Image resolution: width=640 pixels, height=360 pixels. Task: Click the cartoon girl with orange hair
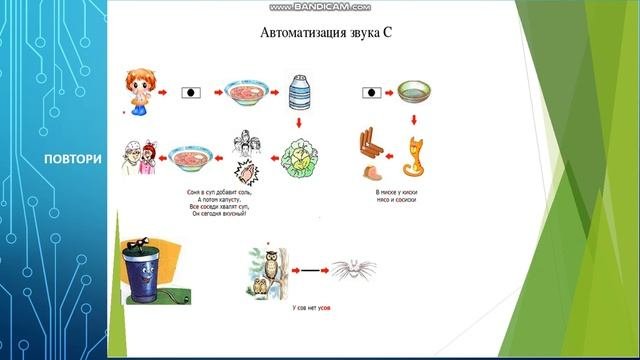coord(137,91)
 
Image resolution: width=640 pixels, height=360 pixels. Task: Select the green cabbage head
coord(299,156)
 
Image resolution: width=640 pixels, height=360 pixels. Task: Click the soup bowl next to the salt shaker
coord(243,96)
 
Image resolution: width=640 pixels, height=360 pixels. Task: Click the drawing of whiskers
coord(349,270)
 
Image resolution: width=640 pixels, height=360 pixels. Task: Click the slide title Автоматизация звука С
coord(324,32)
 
